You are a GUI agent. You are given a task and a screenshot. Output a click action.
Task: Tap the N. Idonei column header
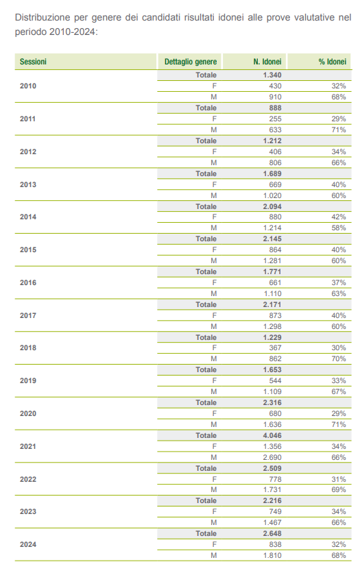pos(267,62)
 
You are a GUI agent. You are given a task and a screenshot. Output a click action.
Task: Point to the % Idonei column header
pos(332,62)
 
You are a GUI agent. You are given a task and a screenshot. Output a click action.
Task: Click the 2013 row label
pos(28,184)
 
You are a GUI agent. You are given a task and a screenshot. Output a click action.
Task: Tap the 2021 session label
pos(28,446)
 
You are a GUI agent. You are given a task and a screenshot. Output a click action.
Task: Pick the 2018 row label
pos(28,347)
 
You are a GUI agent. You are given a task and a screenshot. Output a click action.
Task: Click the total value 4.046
pos(272,435)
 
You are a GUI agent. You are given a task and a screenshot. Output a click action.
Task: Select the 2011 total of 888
pos(275,108)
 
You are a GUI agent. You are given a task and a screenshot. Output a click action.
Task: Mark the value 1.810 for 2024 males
pos(272,555)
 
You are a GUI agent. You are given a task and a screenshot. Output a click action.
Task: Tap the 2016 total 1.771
pos(272,271)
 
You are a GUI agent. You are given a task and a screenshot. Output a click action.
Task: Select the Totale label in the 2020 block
pos(206,402)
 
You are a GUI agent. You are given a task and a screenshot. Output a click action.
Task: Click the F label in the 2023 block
pos(214,511)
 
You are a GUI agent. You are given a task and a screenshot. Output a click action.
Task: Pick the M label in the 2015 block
pos(213,260)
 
